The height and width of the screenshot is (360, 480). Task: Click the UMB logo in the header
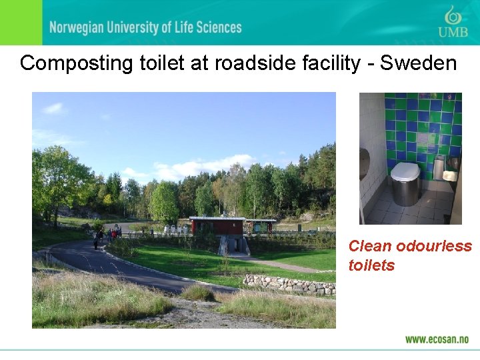[453, 23]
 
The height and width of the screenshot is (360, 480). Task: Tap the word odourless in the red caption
[434, 246]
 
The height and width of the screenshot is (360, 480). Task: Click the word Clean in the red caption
[370, 246]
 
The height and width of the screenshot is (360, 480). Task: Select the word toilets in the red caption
[371, 265]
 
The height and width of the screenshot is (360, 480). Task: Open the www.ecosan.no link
[437, 339]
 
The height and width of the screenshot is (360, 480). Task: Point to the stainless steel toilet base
[405, 192]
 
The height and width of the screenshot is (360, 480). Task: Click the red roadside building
[217, 225]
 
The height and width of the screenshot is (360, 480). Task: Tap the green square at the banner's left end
[21, 23]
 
